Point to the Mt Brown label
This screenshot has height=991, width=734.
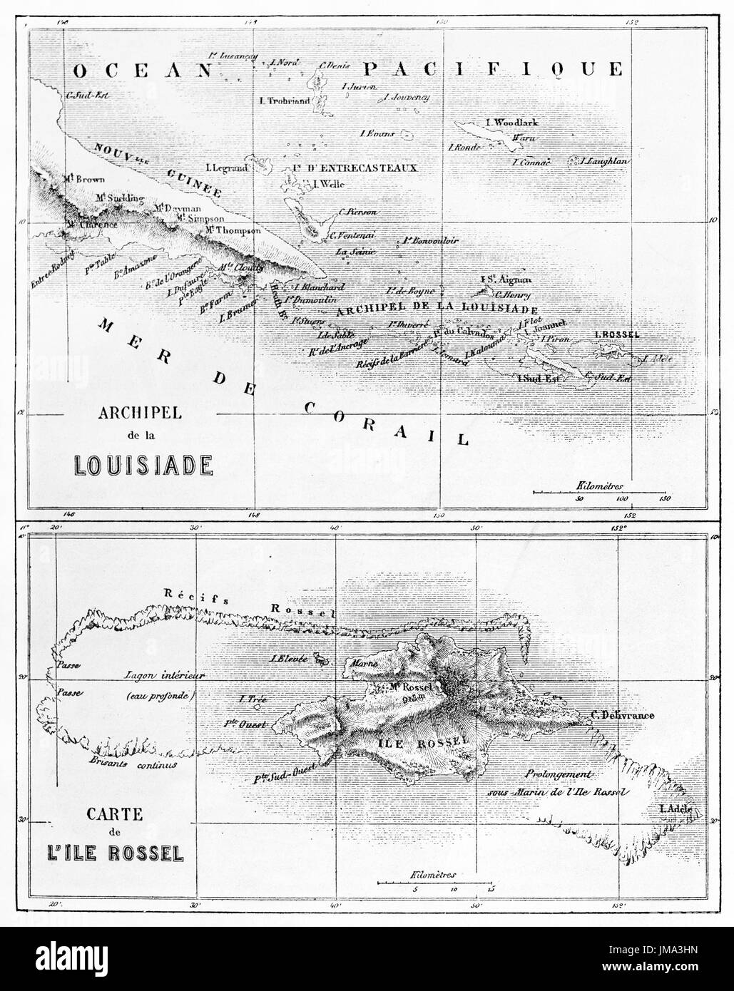coord(84,179)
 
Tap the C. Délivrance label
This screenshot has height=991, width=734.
coord(622,714)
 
